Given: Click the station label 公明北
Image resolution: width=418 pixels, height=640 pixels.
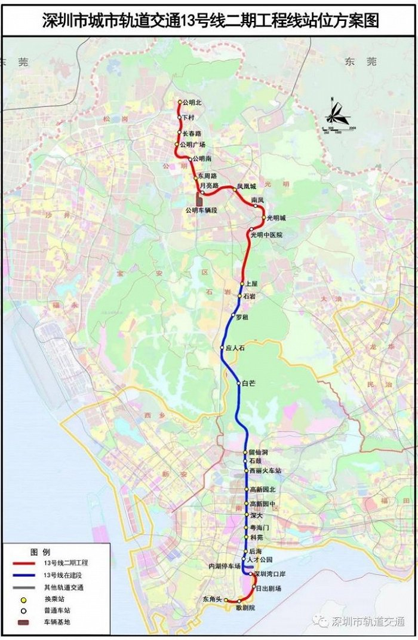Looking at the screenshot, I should click(193, 102).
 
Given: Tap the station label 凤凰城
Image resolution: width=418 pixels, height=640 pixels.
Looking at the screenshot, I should click(245, 186).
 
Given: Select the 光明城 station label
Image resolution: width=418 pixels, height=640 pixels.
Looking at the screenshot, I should click(276, 217).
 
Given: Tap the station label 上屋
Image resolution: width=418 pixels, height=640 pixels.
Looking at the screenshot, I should click(251, 284).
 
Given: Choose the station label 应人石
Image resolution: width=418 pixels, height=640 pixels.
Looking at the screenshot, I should click(234, 348).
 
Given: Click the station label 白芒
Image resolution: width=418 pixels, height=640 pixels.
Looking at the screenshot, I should click(248, 383).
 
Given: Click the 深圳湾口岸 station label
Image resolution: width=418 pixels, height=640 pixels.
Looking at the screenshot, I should click(271, 574).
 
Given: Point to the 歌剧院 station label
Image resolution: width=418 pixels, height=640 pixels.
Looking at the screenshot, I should click(245, 607).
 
